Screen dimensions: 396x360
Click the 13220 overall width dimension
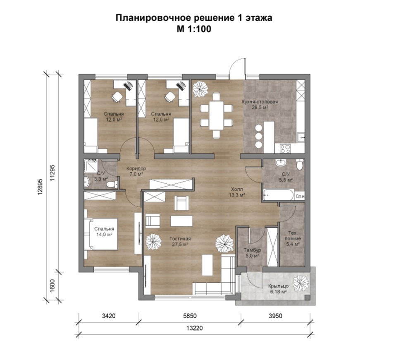tap(194, 328)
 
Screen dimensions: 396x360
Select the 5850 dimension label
tap(189, 316)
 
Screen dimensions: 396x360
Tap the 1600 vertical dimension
tap(52, 286)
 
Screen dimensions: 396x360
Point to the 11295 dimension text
tap(52, 173)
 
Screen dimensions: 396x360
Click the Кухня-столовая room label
tap(260, 102)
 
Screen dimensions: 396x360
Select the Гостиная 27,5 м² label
tap(180, 241)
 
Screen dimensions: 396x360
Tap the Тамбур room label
tap(252, 250)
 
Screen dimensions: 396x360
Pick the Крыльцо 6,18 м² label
tap(278, 289)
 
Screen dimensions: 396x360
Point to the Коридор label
tap(136, 168)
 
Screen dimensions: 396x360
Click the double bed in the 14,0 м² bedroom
tap(101, 234)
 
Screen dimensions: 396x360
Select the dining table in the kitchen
tap(217, 115)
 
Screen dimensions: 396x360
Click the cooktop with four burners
tap(286, 149)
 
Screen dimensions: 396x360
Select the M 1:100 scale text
tap(194, 29)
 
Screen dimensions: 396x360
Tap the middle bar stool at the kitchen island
tap(259, 136)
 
